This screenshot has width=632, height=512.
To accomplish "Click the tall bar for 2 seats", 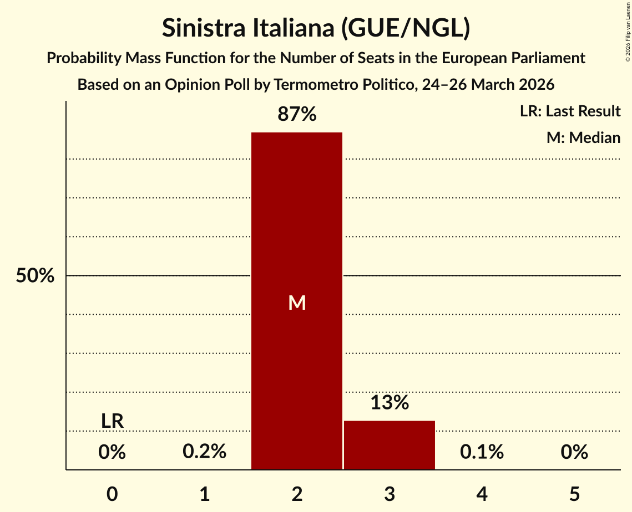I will click(297, 222).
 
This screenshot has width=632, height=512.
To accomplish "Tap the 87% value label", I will click(297, 115).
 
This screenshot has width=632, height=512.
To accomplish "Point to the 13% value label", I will click(390, 403).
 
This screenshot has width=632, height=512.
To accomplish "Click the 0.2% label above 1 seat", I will click(204, 452).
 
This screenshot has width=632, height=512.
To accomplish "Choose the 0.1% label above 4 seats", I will click(482, 452).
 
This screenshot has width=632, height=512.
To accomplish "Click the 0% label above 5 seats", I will click(574, 452).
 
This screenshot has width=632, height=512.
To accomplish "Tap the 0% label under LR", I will click(112, 452).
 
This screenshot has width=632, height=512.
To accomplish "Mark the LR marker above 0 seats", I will click(112, 421).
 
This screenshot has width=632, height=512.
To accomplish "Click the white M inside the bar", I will click(297, 303).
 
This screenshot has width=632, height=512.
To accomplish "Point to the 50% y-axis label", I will click(35, 276).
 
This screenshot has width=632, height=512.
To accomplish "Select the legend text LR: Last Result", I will click(570, 111).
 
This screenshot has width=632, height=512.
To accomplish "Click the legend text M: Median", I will click(583, 137).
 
